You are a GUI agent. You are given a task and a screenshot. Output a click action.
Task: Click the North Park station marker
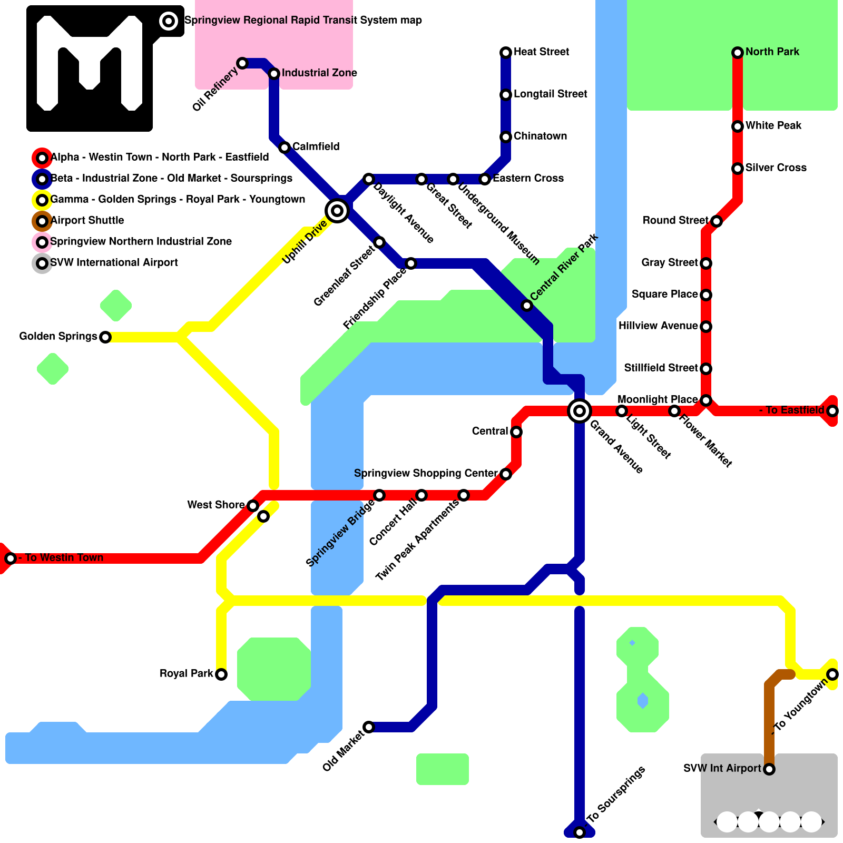[738, 52]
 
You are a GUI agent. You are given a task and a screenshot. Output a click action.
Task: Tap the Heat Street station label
[541, 52]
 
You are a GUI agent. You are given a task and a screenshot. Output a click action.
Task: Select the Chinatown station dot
[506, 137]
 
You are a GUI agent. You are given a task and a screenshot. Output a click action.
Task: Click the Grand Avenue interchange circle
[580, 410]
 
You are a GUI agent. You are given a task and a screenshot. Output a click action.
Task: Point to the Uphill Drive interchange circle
[337, 211]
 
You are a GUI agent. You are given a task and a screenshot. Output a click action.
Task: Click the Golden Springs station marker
[105, 337]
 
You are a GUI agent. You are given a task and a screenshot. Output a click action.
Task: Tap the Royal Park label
[186, 674]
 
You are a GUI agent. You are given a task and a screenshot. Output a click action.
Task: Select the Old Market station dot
[369, 727]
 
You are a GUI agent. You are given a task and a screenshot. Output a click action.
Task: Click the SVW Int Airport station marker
[769, 769]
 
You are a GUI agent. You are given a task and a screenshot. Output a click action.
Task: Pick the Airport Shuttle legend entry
[87, 220]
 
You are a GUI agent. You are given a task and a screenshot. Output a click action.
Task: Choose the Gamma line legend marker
[42, 200]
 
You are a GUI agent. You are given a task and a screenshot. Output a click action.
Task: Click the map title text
[303, 21]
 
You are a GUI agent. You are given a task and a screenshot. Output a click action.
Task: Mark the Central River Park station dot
[527, 306]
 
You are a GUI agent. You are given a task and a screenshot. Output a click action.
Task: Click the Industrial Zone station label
[319, 73]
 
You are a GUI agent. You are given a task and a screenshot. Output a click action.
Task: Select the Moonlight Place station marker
[706, 400]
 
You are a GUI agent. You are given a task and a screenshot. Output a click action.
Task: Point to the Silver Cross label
[776, 168]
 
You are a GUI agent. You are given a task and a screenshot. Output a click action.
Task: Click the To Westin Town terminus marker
[11, 558]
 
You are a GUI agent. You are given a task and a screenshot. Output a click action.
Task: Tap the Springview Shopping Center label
[425, 473]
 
